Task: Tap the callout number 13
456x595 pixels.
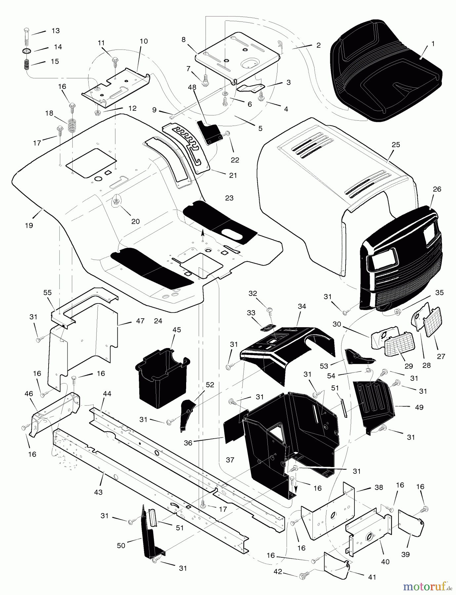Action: point(56,31)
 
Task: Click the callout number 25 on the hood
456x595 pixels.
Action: point(396,145)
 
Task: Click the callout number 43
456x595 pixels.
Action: point(98,492)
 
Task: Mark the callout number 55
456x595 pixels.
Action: point(48,293)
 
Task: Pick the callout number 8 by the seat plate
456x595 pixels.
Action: point(184,40)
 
